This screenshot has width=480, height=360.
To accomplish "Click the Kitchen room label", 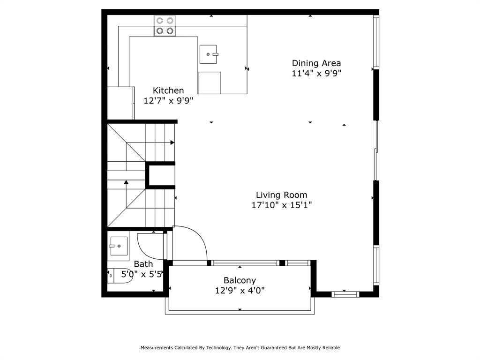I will (168, 90).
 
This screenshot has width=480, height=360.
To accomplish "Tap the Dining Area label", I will (316, 63).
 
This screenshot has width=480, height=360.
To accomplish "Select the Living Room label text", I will (281, 195).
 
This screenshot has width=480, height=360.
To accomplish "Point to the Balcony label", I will (240, 280).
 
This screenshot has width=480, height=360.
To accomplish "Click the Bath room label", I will (143, 264).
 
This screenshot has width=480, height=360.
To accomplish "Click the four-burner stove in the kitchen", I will (165, 26).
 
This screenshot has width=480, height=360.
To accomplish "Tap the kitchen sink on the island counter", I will (208, 54).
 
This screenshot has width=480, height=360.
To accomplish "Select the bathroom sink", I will (118, 246).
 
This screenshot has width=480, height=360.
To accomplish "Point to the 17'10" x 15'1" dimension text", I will (281, 205).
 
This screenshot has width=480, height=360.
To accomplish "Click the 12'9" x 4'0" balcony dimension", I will (240, 290).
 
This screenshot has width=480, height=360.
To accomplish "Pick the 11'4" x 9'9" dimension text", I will (316, 73).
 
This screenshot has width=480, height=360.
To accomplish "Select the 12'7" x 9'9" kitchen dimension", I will (168, 100).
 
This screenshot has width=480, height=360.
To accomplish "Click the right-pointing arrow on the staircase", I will (172, 142).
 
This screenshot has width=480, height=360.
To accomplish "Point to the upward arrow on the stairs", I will (126, 181).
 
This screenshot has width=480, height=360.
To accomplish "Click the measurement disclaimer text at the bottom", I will (240, 348).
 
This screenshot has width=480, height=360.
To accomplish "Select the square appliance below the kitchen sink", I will (210, 83).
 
